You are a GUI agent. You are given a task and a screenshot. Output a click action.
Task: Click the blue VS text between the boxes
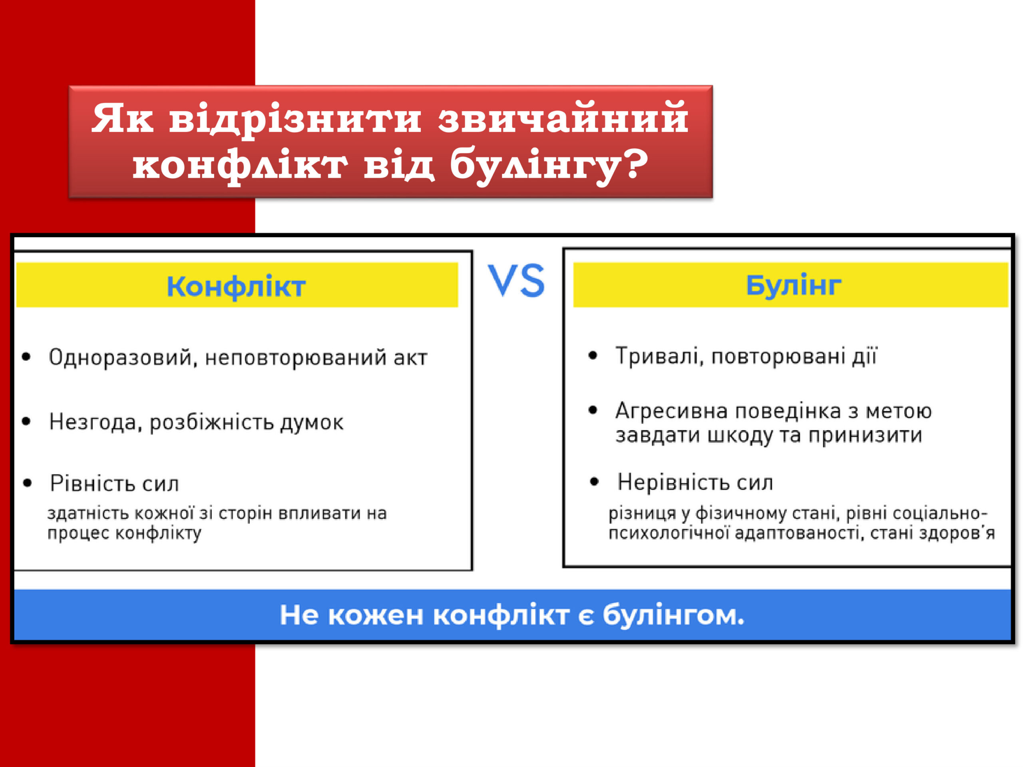[516, 280]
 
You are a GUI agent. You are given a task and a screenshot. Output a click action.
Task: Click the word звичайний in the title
[563, 118]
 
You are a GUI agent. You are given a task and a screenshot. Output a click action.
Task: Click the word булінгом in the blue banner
[674, 615]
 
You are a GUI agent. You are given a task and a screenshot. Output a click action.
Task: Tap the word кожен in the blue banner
[375, 615]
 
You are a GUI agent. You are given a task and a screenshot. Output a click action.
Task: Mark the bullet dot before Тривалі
[593, 356]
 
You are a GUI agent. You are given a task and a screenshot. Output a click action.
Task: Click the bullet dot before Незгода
[26, 421]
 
